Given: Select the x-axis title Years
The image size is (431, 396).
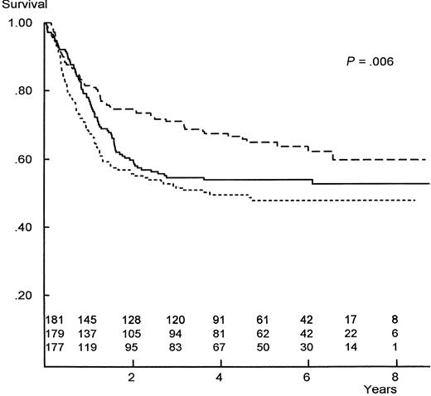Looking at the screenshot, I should pyautogui.click(x=381, y=388).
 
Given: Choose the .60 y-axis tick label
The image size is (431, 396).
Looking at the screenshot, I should pyautogui.click(x=23, y=159).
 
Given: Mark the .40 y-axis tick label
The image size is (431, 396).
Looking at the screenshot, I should pyautogui.click(x=23, y=227).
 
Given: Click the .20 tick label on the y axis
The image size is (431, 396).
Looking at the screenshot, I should pyautogui.click(x=23, y=296).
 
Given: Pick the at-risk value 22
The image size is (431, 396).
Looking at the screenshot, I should pyautogui.click(x=351, y=333).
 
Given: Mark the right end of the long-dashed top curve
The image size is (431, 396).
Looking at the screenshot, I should pyautogui.click(x=425, y=159).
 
